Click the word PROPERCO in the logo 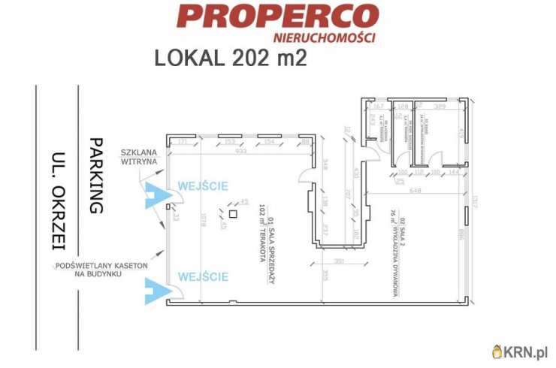277,17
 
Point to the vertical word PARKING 95,175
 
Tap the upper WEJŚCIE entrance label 203,186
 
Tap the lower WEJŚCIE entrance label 203,277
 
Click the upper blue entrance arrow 159,196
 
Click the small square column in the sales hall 234,215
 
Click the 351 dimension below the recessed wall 339,261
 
